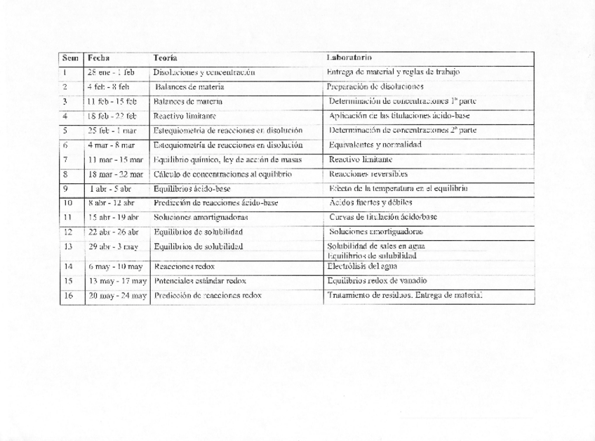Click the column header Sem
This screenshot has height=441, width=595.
click(x=69, y=58)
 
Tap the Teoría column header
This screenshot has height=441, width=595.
click(x=165, y=58)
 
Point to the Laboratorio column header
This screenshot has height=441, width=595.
click(x=349, y=58)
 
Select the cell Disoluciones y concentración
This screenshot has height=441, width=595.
click(x=202, y=72)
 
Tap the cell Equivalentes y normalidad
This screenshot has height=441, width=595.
click(x=375, y=145)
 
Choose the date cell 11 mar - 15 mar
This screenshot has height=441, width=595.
click(x=115, y=159)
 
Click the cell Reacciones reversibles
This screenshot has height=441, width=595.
click(x=368, y=174)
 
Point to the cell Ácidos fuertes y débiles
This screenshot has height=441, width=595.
click(x=372, y=203)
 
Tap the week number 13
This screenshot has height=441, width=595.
click(x=68, y=246)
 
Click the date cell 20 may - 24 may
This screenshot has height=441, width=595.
click(x=115, y=296)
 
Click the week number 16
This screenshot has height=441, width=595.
click(x=68, y=296)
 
